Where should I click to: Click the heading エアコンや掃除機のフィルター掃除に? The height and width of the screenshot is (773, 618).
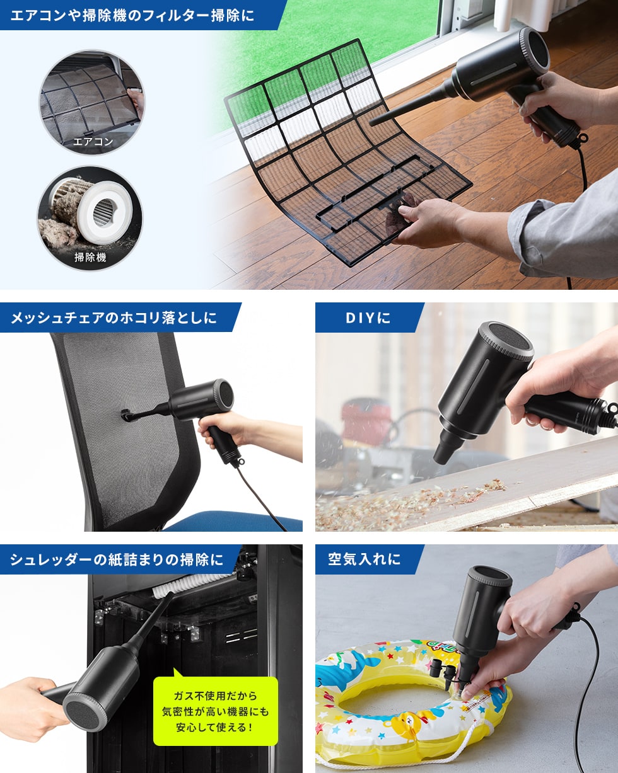coord(132,14)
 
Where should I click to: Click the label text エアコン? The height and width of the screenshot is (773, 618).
coord(93,142)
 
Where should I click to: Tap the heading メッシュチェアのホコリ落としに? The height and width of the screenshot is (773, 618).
coord(114,318)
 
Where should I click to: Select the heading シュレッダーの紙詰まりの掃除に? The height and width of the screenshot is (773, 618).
coord(117,559)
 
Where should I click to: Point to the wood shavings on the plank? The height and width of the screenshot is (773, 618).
coord(404,501)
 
